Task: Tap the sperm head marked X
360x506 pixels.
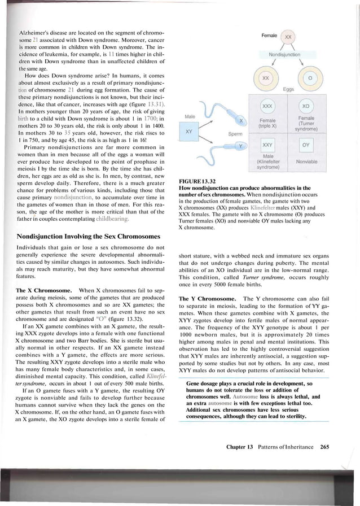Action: coord(241,121)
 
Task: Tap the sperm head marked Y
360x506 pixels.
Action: coord(241,146)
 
